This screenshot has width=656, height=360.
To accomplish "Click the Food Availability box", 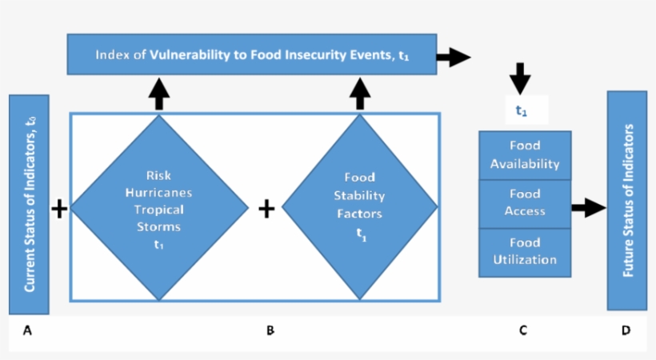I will tap(524, 155).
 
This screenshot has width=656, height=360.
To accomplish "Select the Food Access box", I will tap(524, 203).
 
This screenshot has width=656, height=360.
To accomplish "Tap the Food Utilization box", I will tap(524, 251).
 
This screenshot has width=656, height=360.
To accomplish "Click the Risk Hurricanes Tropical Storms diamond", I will tap(159, 208).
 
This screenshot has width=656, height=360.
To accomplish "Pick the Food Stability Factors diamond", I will tap(360, 208).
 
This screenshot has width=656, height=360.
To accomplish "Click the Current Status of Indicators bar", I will tap(29, 204).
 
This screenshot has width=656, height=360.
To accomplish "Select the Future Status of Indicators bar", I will tap(627, 200).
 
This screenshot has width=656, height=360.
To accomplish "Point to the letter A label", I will tap(27, 330).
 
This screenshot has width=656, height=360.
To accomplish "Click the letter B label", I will tap(270, 330).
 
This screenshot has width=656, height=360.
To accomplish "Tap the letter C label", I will tap(522, 330).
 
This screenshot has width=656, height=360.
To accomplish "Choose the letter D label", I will tap(626, 330).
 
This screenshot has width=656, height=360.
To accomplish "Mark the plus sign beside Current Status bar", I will tap(59, 209).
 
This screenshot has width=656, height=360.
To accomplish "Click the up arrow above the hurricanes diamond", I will tap(159, 94).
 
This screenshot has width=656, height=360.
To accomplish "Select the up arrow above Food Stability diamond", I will tap(360, 94).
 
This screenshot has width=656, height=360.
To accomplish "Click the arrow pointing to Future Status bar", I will tap(589, 208).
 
